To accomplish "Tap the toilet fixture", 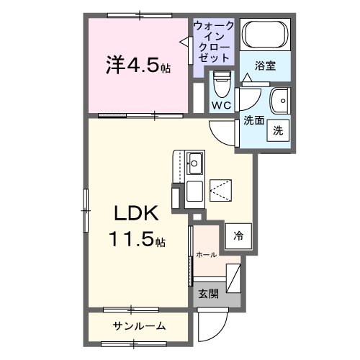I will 222,86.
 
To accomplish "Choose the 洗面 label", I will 253,120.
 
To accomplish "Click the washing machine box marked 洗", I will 276,131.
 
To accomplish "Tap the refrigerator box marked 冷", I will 238,235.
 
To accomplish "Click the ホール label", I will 206,254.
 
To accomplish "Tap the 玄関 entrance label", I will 209,294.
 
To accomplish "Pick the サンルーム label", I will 139,326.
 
